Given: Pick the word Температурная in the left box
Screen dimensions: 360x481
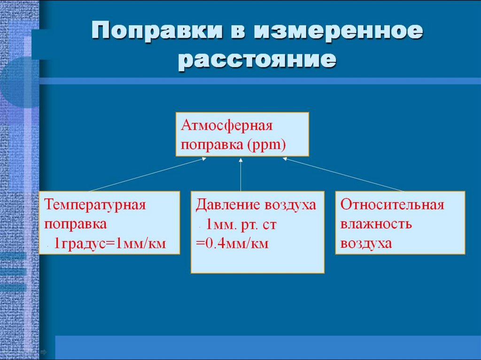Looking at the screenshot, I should click(x=95, y=205).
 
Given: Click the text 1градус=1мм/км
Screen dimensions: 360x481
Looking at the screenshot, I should click(x=110, y=243).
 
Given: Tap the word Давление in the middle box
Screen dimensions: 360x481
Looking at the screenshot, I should click(x=222, y=205).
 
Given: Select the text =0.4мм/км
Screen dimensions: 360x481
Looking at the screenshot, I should click(x=232, y=244).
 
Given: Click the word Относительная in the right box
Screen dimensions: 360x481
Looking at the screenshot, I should click(x=392, y=205).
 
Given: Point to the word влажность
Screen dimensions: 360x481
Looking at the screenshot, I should click(x=377, y=224).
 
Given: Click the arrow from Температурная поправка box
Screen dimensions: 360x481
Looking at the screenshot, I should click(x=146, y=175).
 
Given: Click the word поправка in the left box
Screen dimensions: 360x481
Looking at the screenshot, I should click(x=76, y=224).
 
